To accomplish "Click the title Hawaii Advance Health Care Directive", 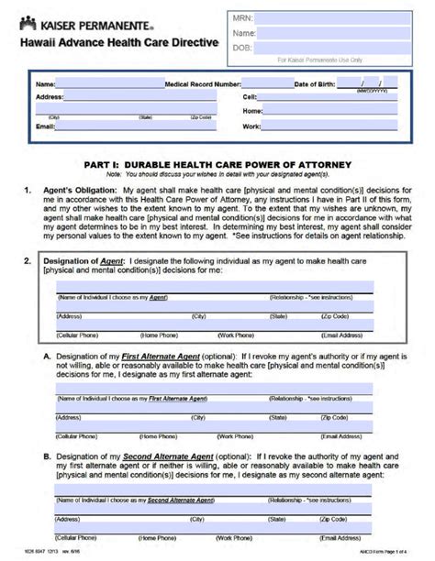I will click(116, 42).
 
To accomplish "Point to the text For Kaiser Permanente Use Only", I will click(319, 60).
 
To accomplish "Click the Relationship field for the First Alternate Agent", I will click(321, 391).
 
